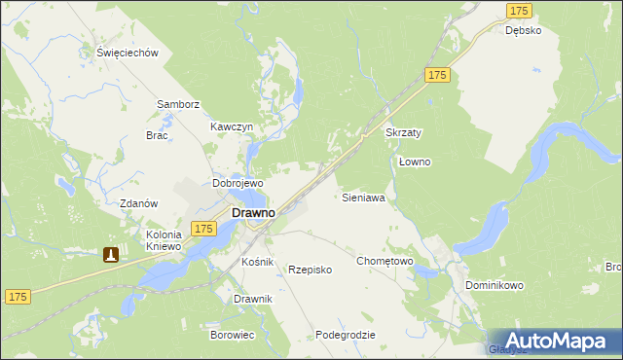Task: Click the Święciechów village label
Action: (x=128, y=54)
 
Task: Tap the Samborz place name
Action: (x=178, y=104)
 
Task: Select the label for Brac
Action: (x=157, y=135)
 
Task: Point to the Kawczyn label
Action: (x=232, y=126)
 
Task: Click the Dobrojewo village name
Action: (x=238, y=183)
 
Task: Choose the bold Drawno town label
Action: (x=251, y=212)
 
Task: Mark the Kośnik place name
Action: (x=258, y=263)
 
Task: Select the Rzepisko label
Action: (x=311, y=270)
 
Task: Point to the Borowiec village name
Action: (x=232, y=335)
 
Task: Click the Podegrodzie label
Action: (x=346, y=335)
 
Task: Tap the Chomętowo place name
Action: (x=385, y=261)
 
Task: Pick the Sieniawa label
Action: (x=364, y=197)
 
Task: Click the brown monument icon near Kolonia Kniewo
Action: (x=111, y=255)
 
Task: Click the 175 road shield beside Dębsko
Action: (x=520, y=10)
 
